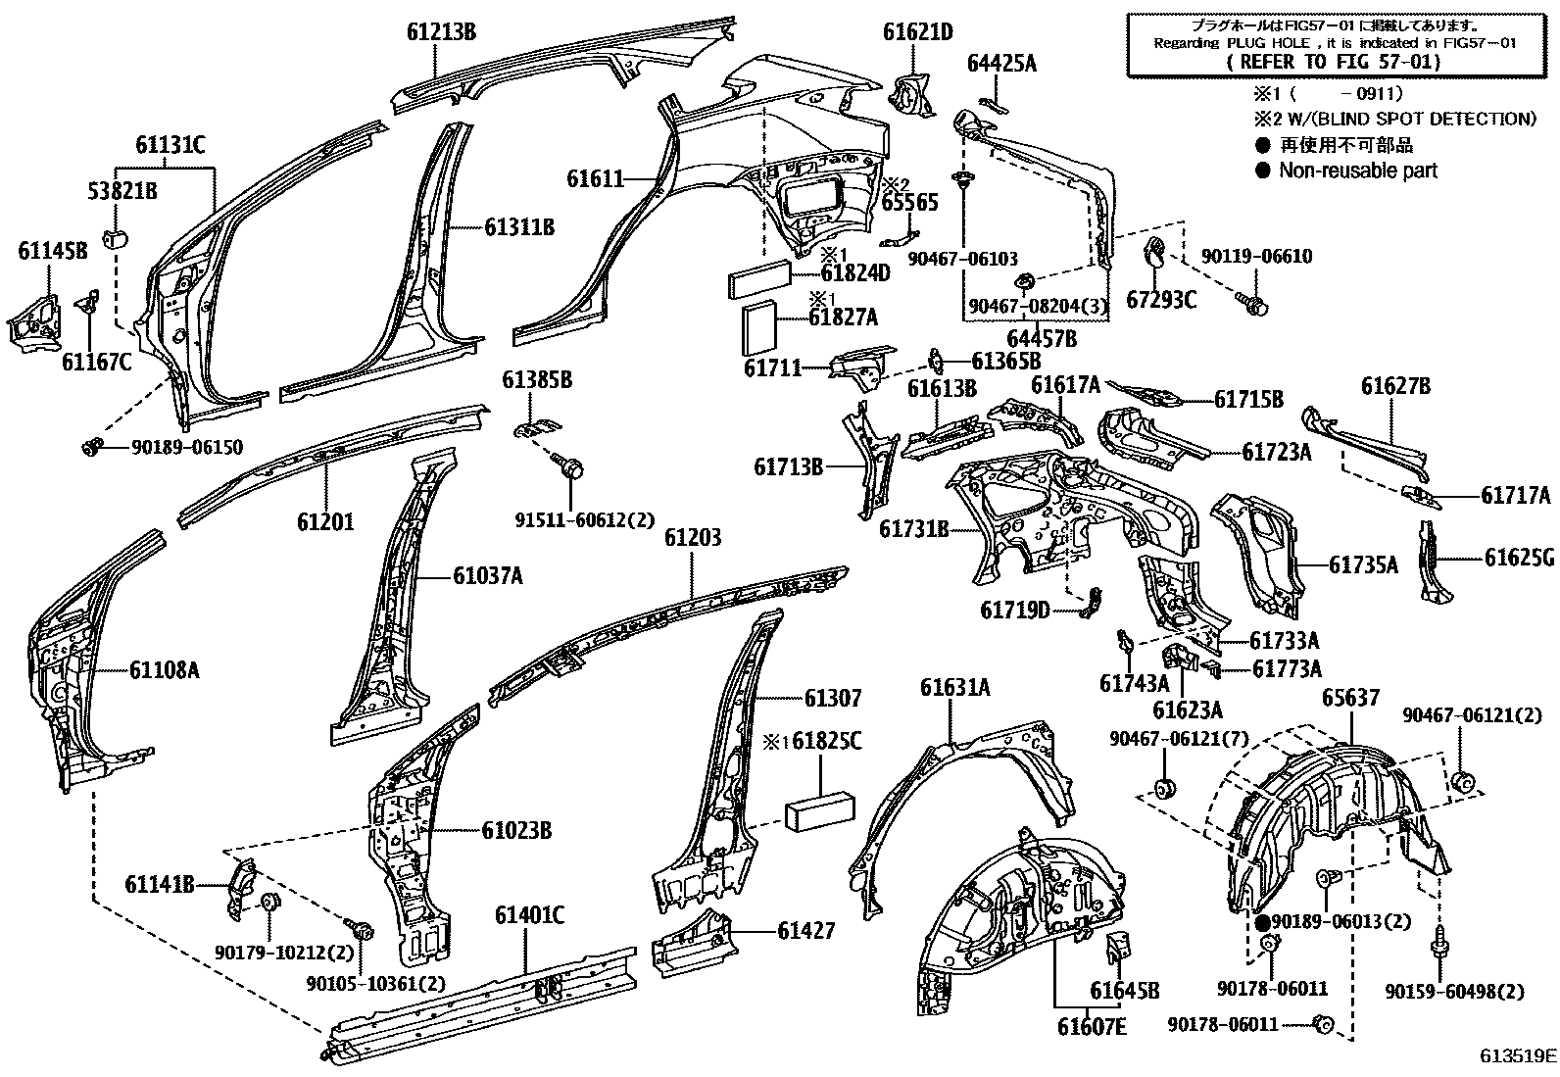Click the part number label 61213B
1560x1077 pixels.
(441, 32)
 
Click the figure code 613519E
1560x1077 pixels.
(1518, 1056)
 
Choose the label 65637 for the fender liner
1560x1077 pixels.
(1349, 698)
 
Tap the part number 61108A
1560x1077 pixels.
(164, 670)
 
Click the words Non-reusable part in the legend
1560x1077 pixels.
(1357, 171)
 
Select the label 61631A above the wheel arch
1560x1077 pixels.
(954, 688)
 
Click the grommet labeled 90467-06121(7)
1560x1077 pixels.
(1166, 789)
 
